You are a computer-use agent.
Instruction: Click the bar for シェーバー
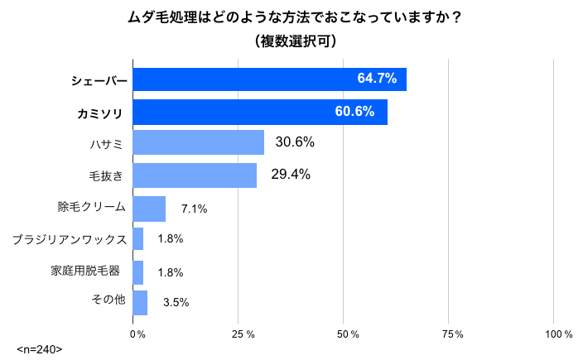pos(269,79)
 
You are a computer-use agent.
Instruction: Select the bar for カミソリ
pos(260,111)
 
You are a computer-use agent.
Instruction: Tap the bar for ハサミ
pos(198,142)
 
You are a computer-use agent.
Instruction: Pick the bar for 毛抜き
pos(195,175)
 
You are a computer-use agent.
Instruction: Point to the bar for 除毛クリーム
pos(149,209)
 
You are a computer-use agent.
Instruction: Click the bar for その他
pos(140,303)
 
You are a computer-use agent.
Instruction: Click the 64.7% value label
pos(377,79)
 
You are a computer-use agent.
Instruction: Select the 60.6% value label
pos(355,111)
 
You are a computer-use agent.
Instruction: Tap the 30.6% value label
pos(295,142)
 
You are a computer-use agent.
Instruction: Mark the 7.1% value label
pos(194,209)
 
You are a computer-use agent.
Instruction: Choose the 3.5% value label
pos(176,303)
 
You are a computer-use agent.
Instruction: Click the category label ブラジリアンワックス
pos(69,239)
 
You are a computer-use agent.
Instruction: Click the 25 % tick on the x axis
pos(243,334)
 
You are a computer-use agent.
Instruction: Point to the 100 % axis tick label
pos(557,334)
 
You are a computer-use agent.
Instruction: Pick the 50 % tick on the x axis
pos(348,334)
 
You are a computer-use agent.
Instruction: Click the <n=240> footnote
pos(40,349)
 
